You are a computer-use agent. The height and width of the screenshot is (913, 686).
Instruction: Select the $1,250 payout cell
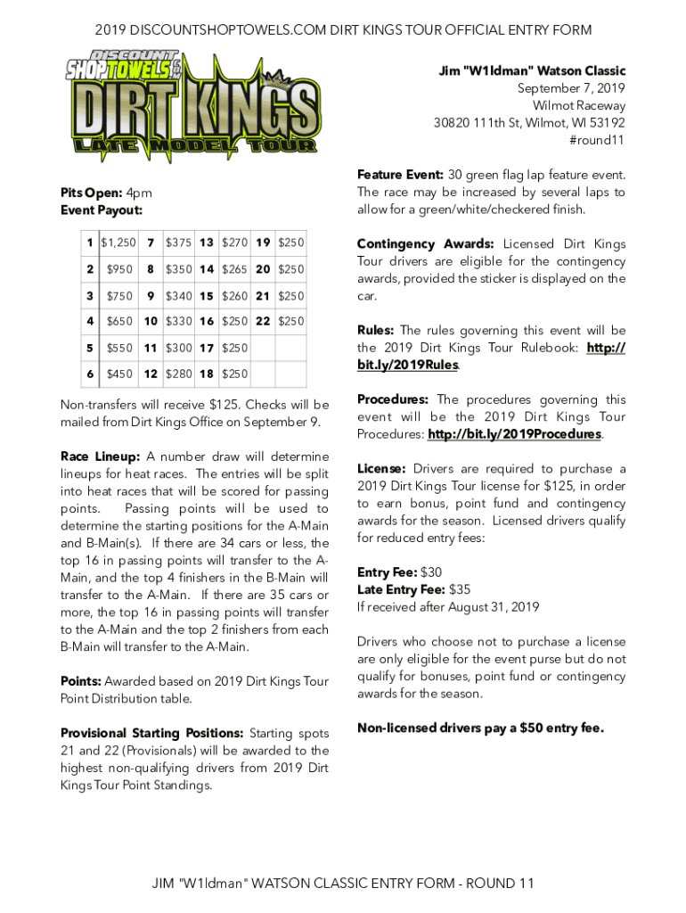tap(118, 243)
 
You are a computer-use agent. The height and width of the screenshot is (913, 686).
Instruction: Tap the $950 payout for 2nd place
tap(118, 269)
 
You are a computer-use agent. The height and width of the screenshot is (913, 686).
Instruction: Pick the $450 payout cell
tap(118, 374)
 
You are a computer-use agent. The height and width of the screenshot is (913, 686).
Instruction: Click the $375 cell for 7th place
tap(178, 243)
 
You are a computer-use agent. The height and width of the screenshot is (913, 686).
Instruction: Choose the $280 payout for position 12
tap(178, 374)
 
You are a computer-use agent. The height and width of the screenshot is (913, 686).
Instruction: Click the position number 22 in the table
tap(263, 321)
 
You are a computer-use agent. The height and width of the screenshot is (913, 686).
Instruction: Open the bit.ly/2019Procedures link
tap(514, 434)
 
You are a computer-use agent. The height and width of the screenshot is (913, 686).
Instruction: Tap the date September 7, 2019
tap(571, 88)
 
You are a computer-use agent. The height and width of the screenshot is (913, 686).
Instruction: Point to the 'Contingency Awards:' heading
tap(425, 244)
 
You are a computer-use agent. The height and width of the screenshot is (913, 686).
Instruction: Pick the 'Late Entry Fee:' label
tap(401, 589)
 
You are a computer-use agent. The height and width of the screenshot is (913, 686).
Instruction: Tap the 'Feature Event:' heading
tap(400, 175)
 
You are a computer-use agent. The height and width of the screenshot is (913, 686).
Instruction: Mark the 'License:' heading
tap(381, 469)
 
